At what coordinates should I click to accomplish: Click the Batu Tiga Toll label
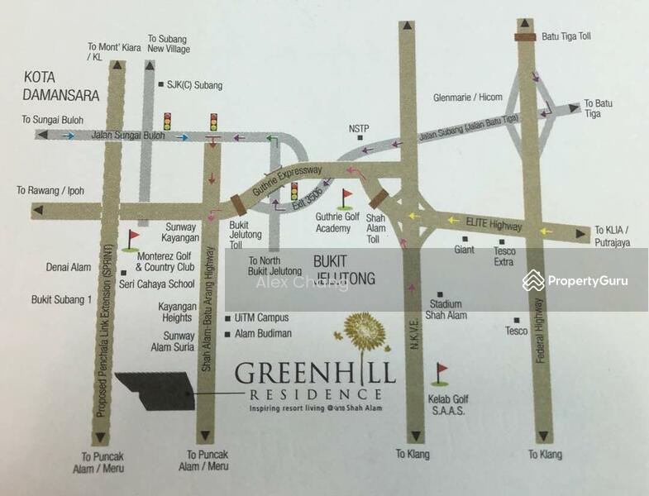pyautogui.click(x=566, y=37)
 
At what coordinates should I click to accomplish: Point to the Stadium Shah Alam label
pyautogui.click(x=446, y=309)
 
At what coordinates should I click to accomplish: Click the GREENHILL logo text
pyautogui.click(x=315, y=373)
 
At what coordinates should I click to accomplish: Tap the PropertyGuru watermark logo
pyautogui.click(x=575, y=281)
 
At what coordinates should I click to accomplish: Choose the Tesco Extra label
pyautogui.click(x=503, y=256)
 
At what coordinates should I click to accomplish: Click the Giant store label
pyautogui.click(x=464, y=250)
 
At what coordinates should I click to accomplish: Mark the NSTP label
pyautogui.click(x=359, y=128)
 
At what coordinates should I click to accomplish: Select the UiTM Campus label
pyautogui.click(x=261, y=317)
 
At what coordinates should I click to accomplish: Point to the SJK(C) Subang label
pyautogui.click(x=194, y=85)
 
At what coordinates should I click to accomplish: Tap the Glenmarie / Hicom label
pyautogui.click(x=467, y=98)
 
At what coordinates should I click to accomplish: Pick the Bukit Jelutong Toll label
pyautogui.click(x=246, y=235)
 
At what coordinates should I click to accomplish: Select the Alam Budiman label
pyautogui.click(x=263, y=333)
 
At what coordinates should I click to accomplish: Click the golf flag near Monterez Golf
pyautogui.click(x=132, y=240)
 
